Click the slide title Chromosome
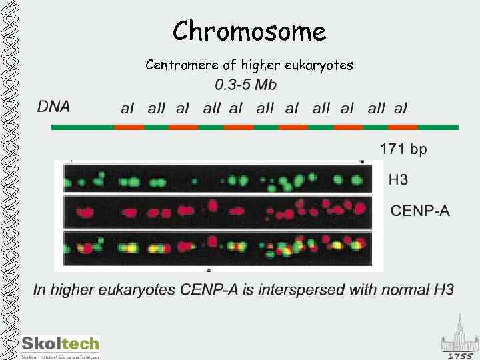click(x=249, y=31)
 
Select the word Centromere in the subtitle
click(x=175, y=65)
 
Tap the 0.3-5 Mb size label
click(x=245, y=85)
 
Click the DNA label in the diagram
click(x=53, y=106)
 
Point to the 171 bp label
click(x=403, y=149)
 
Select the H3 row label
click(x=399, y=179)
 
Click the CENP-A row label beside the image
click(x=420, y=211)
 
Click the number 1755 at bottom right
click(x=460, y=356)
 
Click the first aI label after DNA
click(x=127, y=108)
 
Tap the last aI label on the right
click(x=400, y=108)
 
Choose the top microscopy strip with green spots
click(x=217, y=179)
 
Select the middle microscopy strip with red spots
click(x=217, y=212)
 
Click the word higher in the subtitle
click(x=261, y=65)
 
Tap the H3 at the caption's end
click(x=443, y=289)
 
